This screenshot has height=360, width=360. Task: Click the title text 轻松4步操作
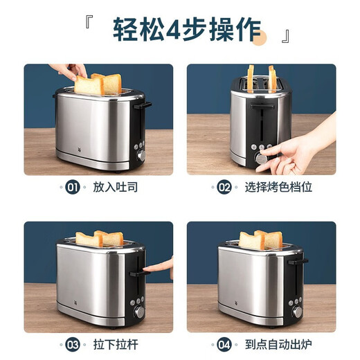pyautogui.click(x=187, y=30)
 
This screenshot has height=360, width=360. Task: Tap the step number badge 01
pyautogui.click(x=73, y=187)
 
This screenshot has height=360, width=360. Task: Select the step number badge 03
pyautogui.click(x=73, y=344)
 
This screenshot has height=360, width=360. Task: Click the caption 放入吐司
pyautogui.click(x=112, y=187)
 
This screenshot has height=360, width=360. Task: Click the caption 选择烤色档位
pyautogui.click(x=276, y=187)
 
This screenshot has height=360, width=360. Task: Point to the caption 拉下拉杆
pyautogui.click(x=112, y=344)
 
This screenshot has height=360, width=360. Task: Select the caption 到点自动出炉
pyautogui.click(x=276, y=344)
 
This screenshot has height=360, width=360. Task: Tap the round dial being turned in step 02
pyautogui.click(x=262, y=159)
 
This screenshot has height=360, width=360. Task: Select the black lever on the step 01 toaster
pyautogui.click(x=145, y=106)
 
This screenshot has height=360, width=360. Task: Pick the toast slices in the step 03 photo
pyautogui.click(x=99, y=239)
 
